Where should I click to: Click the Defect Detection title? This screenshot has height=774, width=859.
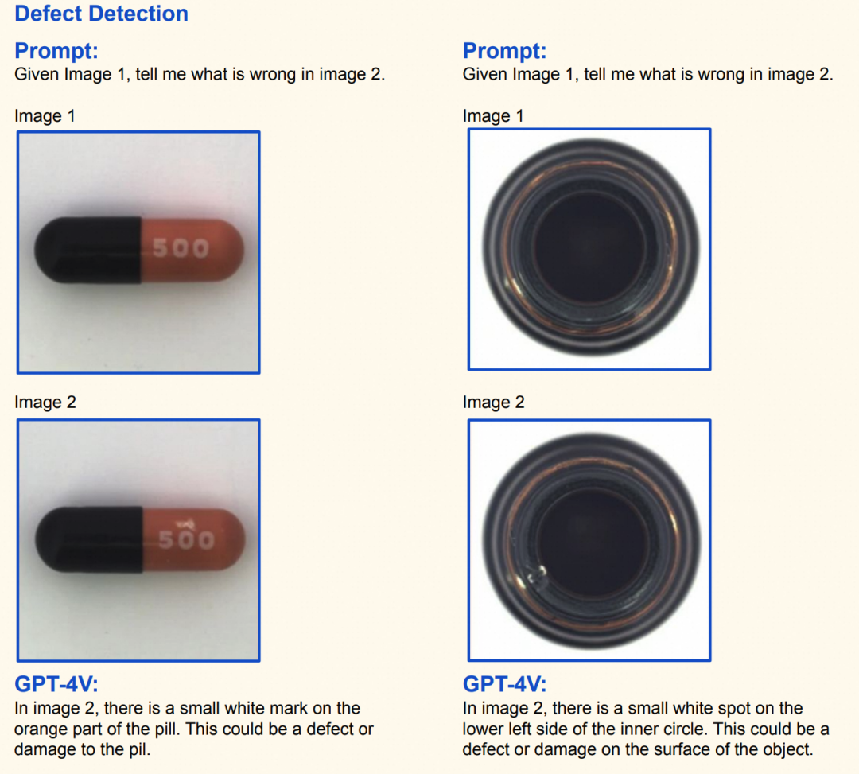tap(101, 14)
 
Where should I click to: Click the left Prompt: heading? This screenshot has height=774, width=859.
tap(56, 50)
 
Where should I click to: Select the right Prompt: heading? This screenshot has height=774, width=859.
tap(504, 50)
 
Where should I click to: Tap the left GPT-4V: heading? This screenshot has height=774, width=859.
tap(56, 683)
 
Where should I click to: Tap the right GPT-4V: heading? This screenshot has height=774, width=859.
tap(504, 683)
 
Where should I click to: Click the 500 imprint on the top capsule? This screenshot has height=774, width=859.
tap(181, 248)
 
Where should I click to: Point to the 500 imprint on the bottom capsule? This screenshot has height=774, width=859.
tap(186, 540)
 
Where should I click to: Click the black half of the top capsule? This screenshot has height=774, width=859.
tap(87, 251)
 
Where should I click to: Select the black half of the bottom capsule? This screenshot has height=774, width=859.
tap(89, 540)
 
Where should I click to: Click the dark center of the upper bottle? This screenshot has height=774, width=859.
tap(589, 247)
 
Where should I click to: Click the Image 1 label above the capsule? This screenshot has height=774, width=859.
tap(45, 116)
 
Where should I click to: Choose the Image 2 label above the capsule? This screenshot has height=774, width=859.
tap(45, 402)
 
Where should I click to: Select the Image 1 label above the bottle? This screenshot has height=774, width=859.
tap(493, 116)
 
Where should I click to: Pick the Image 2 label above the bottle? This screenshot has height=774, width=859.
tap(494, 402)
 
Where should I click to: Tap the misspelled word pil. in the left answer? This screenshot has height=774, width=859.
tap(140, 749)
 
